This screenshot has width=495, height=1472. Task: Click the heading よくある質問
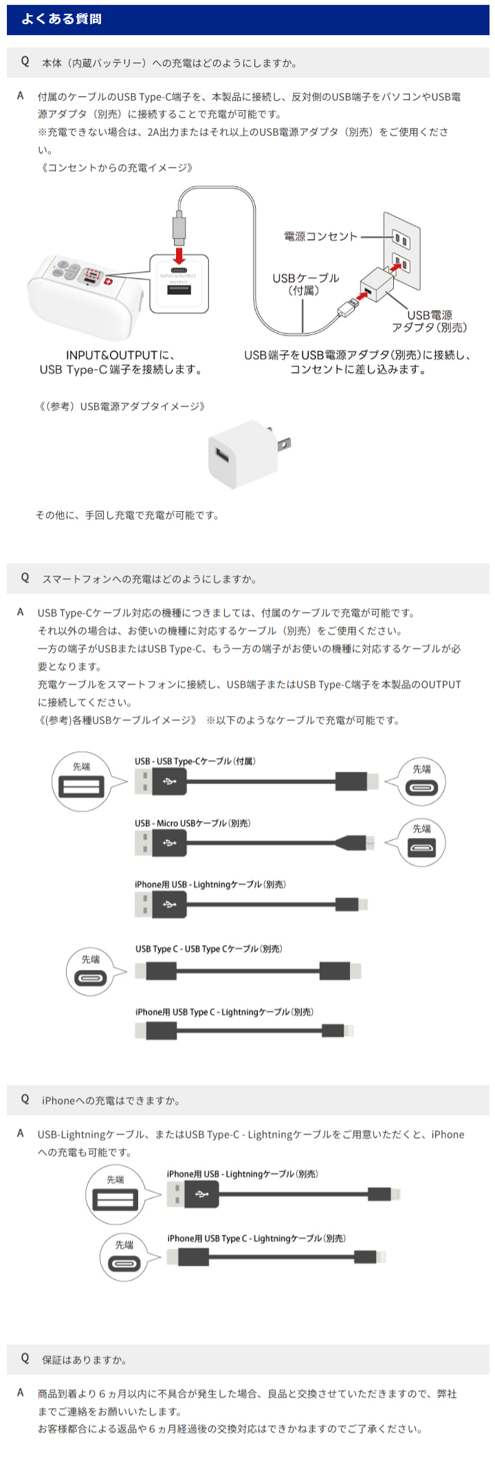pos(61,19)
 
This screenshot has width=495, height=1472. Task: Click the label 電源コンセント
pos(320,237)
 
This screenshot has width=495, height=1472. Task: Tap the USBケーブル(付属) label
pos(305,284)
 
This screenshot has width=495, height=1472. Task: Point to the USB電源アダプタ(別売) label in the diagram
pos(430,321)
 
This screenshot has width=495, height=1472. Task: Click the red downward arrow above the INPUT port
pos(179,255)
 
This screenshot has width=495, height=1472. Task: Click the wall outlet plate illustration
pos(401,251)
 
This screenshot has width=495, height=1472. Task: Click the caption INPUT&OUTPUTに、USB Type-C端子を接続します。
pos(121,362)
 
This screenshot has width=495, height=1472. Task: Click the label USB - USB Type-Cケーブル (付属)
pos(195,761)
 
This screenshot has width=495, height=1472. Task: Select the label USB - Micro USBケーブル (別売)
pos(192,823)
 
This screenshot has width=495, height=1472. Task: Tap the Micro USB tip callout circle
pos(421,843)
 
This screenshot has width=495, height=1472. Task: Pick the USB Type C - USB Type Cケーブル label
pos(208,949)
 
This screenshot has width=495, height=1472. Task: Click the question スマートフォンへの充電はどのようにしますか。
pos(149,579)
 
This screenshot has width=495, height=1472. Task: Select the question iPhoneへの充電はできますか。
pos(111,1101)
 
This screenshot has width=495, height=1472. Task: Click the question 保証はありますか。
pos(84,1360)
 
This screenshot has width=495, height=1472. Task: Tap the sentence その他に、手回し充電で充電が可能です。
pos(127,515)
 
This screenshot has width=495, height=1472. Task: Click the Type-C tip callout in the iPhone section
pos(124,1257)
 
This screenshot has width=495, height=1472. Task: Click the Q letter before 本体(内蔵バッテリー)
pos(25,62)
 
